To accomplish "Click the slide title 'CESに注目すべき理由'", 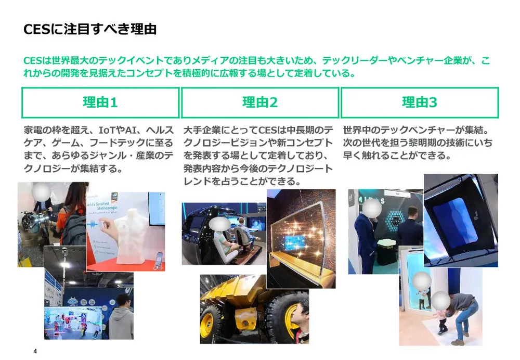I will (90, 29).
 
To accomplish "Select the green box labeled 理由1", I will (100, 102).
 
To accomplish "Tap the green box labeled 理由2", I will (260, 102).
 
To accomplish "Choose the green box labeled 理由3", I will (420, 102).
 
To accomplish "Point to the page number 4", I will (35, 351).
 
